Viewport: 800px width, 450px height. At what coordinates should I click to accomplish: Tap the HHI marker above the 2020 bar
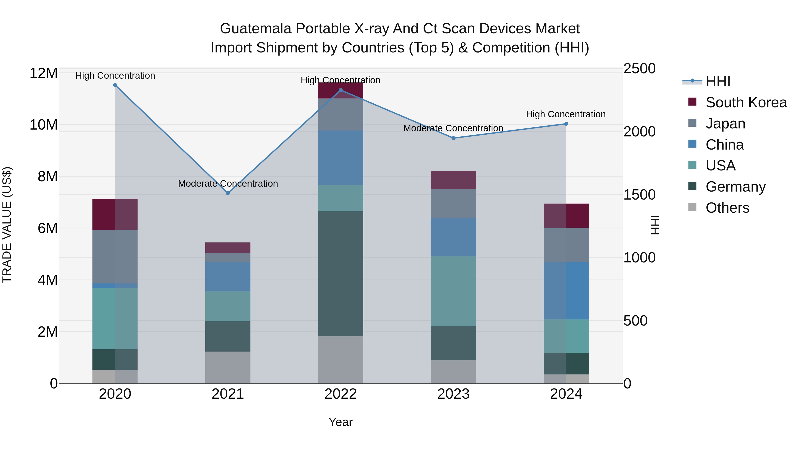[115, 85]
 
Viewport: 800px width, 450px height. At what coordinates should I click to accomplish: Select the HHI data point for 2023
[453, 138]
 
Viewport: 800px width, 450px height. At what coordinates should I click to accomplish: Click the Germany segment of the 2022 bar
[340, 273]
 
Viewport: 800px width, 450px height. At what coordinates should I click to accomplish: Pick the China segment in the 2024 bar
[566, 290]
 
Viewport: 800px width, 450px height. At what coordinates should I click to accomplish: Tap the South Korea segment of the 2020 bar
[115, 214]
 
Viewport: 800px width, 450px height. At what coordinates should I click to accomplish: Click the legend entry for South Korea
[746, 102]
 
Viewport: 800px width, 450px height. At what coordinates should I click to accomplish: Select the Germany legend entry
[735, 187]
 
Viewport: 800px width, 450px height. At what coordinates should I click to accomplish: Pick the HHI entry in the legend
[718, 81]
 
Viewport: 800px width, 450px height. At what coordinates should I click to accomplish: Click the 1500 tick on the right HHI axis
[639, 195]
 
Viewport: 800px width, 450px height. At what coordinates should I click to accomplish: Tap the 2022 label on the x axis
[340, 394]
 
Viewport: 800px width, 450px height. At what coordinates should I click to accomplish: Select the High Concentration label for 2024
[566, 114]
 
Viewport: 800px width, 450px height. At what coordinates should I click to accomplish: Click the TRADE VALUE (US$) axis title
[7, 225]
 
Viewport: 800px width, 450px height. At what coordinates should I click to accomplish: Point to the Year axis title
[340, 422]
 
